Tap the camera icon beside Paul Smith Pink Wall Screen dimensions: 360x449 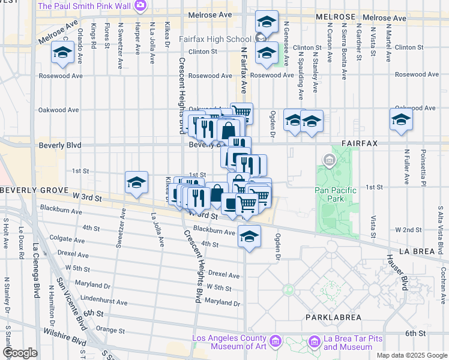(140, 6)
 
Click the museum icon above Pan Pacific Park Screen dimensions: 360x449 (329, 160)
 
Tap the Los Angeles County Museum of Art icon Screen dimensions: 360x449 (276, 342)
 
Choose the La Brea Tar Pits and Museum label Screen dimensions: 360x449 (349, 343)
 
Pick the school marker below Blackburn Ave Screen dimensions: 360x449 (249, 236)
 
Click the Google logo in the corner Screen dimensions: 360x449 (20, 353)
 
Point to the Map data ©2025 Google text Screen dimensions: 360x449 (411, 355)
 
